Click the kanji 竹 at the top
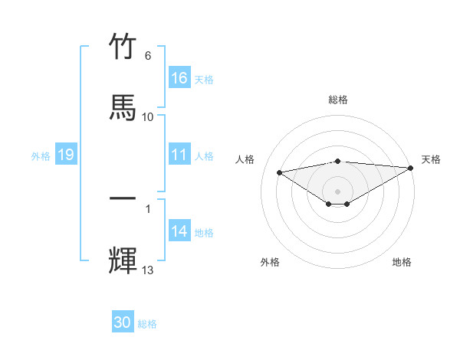coord(123,47)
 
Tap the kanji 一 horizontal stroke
coord(123,199)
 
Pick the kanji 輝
coord(123,259)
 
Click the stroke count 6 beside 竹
coord(148,56)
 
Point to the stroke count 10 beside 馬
coord(148,116)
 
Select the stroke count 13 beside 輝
coord(148,270)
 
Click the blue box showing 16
coord(179,78)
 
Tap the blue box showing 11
coord(179,155)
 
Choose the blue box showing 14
coord(179,231)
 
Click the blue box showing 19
coord(65,155)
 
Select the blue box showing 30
coord(123,322)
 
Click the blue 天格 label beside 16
coord(204,79)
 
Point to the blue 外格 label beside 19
coord(41,155)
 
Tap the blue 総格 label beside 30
coord(147,324)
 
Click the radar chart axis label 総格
coord(338,100)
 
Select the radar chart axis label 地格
coord(402,262)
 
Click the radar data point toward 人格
coord(280,172)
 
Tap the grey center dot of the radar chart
coord(338,191)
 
